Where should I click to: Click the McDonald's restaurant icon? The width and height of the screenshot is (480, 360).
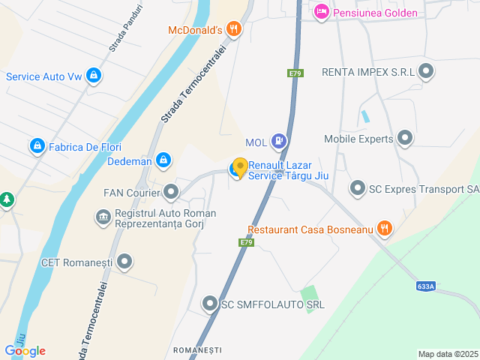pyautogui.click(x=235, y=29)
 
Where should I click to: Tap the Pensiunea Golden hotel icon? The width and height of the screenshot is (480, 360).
pyautogui.click(x=321, y=11)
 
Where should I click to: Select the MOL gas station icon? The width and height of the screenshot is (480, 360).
pyautogui.click(x=279, y=139)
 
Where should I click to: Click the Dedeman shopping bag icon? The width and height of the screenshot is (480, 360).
pyautogui.click(x=163, y=160)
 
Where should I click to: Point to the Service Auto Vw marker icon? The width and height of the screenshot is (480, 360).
pyautogui.click(x=93, y=76)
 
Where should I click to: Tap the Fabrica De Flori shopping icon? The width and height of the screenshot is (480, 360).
pyautogui.click(x=36, y=145)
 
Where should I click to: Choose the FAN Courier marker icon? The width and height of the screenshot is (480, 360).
pyautogui.click(x=172, y=193)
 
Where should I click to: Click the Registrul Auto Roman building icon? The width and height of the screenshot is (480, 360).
pyautogui.click(x=102, y=217)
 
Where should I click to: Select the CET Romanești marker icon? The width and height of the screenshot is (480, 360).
pyautogui.click(x=124, y=262)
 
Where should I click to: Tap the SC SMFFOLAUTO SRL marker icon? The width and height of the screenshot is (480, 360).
pyautogui.click(x=210, y=304)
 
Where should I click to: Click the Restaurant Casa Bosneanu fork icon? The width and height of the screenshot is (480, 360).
pyautogui.click(x=385, y=229)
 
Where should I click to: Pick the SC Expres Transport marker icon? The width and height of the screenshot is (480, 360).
pyautogui.click(x=357, y=188)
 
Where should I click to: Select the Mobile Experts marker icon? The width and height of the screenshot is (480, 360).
pyautogui.click(x=405, y=138)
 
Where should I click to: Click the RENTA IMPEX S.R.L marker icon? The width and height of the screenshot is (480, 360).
pyautogui.click(x=427, y=72)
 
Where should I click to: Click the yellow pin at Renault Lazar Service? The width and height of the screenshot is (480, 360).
pyautogui.click(x=240, y=167)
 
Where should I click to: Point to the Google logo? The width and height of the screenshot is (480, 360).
pyautogui.click(x=25, y=350)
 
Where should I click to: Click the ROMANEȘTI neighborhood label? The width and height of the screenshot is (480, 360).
pyautogui.click(x=197, y=350)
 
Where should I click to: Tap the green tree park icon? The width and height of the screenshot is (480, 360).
pyautogui.click(x=7, y=200)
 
